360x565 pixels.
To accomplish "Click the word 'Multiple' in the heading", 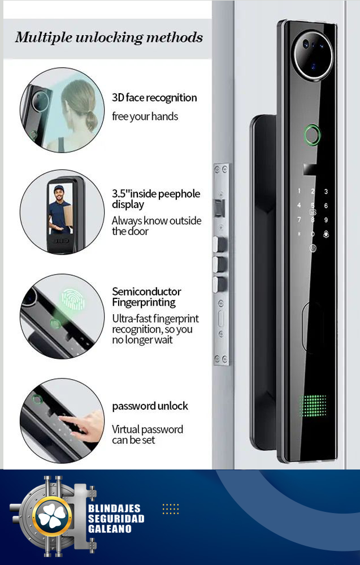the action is [x=44, y=38].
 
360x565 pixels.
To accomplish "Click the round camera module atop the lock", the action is [x=313, y=55].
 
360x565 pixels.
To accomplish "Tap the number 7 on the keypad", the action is [x=299, y=219].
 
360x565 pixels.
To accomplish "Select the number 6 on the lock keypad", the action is [x=326, y=206].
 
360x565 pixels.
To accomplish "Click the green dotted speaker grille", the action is [x=313, y=406].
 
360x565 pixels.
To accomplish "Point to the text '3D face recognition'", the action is [x=154, y=98].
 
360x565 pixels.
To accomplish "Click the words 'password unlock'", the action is [x=150, y=406].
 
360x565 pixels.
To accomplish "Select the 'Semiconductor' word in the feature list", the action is [x=146, y=291].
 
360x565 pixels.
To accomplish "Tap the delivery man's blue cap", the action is [x=59, y=189].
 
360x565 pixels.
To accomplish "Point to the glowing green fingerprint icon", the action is [x=73, y=299].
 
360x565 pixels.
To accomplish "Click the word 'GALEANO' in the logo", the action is [x=110, y=529].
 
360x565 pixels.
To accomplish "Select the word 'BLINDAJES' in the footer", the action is [x=114, y=508].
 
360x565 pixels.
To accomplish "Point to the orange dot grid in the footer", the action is [x=171, y=509].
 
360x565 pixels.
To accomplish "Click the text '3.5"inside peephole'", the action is [x=156, y=193].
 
